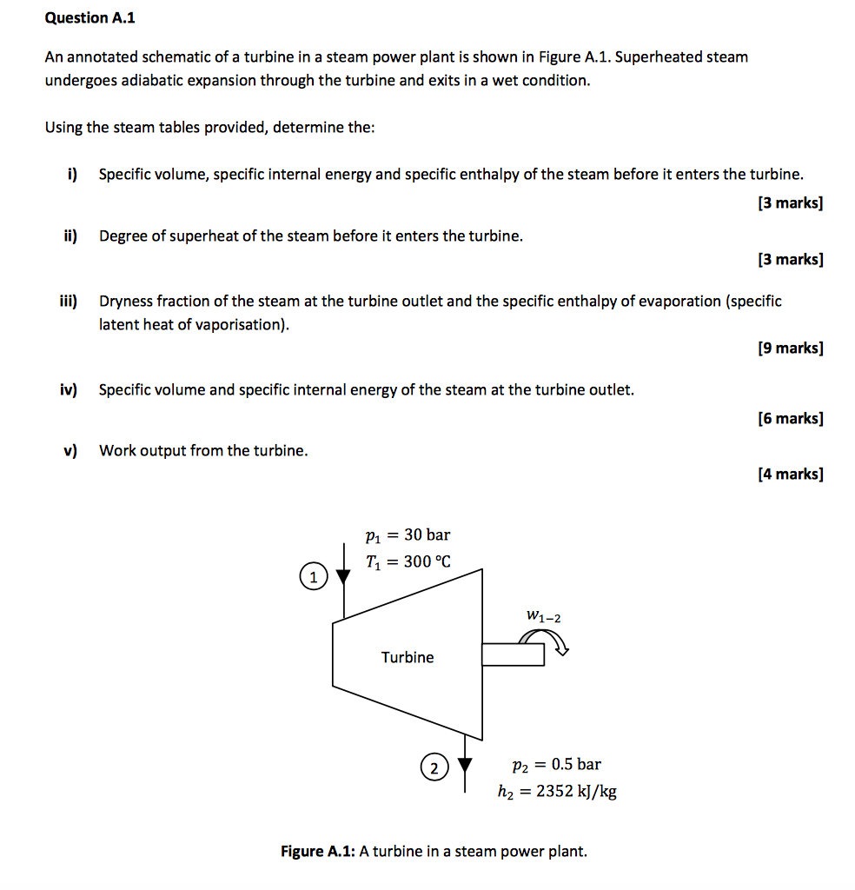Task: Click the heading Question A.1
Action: click(90, 17)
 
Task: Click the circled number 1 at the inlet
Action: click(313, 576)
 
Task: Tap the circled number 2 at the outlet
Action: click(434, 767)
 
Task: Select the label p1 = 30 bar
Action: click(408, 535)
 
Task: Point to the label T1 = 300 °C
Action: click(408, 562)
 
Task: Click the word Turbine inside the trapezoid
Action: click(408, 657)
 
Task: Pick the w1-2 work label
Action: click(544, 616)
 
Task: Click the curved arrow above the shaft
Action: click(545, 641)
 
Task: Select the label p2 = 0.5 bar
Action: click(556, 765)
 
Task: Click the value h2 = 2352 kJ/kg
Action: click(557, 792)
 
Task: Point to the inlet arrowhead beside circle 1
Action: click(345, 574)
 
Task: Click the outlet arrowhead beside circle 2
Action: click(467, 765)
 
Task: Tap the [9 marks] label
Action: click(790, 349)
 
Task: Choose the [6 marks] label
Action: click(790, 419)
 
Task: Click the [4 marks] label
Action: click(790, 475)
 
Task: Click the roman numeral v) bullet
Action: click(70, 450)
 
